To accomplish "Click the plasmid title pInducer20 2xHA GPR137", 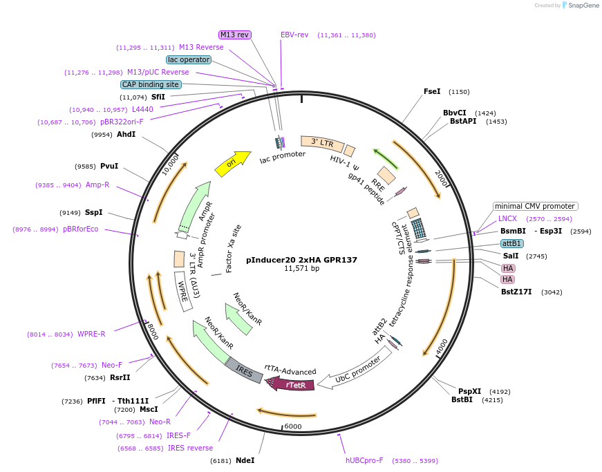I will [301, 260].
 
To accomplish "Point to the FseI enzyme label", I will [432, 91].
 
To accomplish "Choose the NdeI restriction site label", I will [245, 460].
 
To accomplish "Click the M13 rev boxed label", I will [235, 35].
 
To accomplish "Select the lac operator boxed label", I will [189, 59].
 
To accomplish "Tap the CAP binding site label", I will [151, 84].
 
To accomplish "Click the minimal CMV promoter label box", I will [535, 206].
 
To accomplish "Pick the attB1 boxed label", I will [512, 243].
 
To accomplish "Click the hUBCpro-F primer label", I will [364, 460].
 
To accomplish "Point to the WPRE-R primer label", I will [91, 334].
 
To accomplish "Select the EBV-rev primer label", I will [294, 35].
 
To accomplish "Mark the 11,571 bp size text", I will [301, 269].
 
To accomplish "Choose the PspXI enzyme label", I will [470, 391].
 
